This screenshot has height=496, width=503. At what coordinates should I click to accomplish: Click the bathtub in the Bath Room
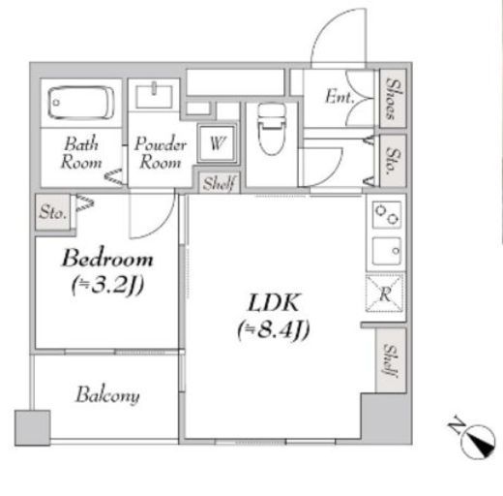[x=81, y=103]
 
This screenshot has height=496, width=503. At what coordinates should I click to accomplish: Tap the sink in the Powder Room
[x=154, y=96]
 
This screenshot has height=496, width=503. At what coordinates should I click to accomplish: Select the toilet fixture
[x=272, y=129]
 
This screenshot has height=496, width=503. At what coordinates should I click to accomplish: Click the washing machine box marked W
[x=217, y=143]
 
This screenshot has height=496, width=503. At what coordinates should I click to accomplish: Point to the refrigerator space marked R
[x=384, y=294]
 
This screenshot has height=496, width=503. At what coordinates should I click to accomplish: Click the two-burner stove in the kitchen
[x=387, y=215]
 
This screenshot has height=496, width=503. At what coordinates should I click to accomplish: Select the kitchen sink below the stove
[x=387, y=251]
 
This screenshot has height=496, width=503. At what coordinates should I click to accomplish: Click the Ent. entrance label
[x=340, y=97]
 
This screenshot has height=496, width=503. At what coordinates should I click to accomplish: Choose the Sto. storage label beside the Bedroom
[x=53, y=212]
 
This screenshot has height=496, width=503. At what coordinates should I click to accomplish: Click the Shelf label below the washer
[x=219, y=183]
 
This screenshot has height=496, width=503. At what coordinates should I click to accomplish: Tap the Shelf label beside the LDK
[x=391, y=360]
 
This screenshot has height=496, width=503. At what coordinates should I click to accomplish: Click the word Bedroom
[x=107, y=258]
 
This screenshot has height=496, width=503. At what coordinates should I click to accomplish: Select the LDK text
[x=274, y=302]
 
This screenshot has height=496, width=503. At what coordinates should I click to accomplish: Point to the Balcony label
[x=107, y=394]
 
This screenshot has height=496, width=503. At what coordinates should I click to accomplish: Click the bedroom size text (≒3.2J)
[x=107, y=285]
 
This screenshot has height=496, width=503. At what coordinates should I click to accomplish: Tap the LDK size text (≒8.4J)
[x=274, y=329]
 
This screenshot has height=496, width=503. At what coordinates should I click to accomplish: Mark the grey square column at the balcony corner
[x=32, y=428]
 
